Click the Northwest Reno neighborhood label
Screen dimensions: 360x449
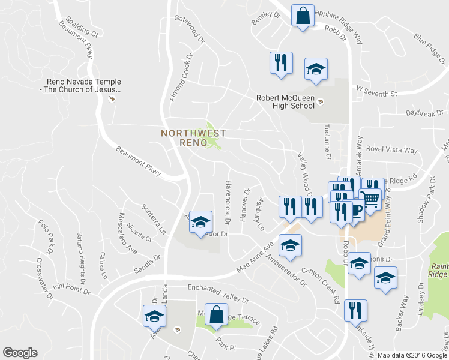tap(193, 137)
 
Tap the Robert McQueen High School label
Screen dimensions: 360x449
tap(285, 101)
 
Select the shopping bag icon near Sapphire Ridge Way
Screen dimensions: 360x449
tap(303, 16)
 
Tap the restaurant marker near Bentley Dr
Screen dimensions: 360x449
tap(280, 63)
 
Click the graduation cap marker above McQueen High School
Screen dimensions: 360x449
tap(316, 70)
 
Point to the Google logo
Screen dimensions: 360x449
tap(20, 353)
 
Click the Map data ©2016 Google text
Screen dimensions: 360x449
tap(412, 355)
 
